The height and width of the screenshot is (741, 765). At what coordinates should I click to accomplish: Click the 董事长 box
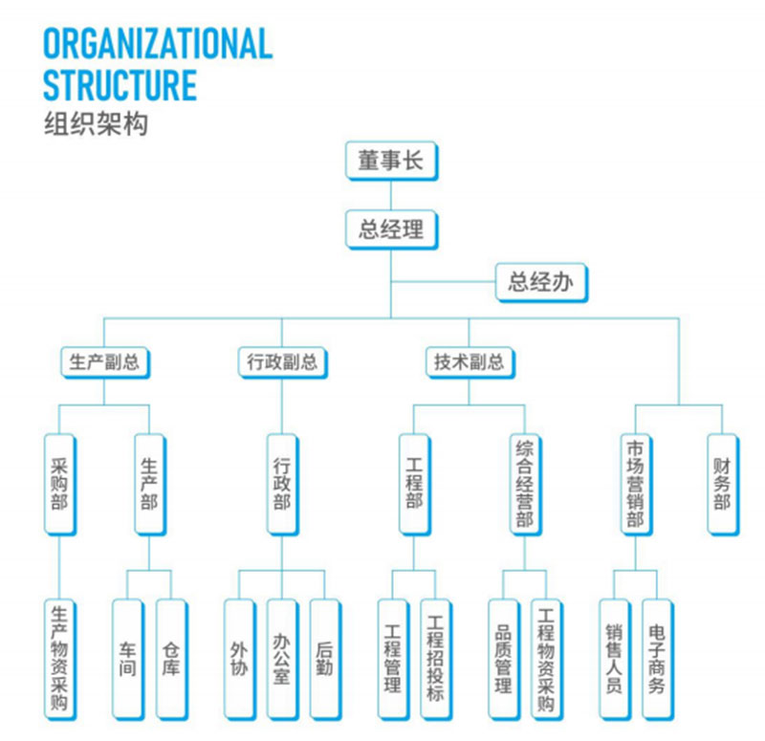click(391, 161)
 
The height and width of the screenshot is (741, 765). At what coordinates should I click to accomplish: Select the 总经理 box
click(391, 229)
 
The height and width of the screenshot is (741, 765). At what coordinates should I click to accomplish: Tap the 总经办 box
click(541, 282)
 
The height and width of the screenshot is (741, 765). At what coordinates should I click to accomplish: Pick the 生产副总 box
click(104, 362)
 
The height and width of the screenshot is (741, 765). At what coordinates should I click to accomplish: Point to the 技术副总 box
click(468, 362)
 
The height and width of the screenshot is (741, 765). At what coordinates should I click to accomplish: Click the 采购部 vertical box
click(59, 484)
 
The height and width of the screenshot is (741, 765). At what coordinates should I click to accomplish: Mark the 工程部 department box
click(414, 484)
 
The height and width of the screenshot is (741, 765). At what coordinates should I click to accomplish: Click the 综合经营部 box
click(524, 484)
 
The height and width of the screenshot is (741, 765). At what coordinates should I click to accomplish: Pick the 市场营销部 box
click(635, 484)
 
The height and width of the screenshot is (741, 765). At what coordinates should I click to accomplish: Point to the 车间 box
click(127, 659)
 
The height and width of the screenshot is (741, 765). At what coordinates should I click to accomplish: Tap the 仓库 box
click(171, 659)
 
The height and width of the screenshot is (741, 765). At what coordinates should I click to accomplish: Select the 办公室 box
click(282, 659)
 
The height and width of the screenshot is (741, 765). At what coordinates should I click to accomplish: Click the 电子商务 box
click(657, 659)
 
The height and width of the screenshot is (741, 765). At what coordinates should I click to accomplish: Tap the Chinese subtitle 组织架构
click(96, 123)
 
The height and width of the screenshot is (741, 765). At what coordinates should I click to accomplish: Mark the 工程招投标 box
click(435, 659)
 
